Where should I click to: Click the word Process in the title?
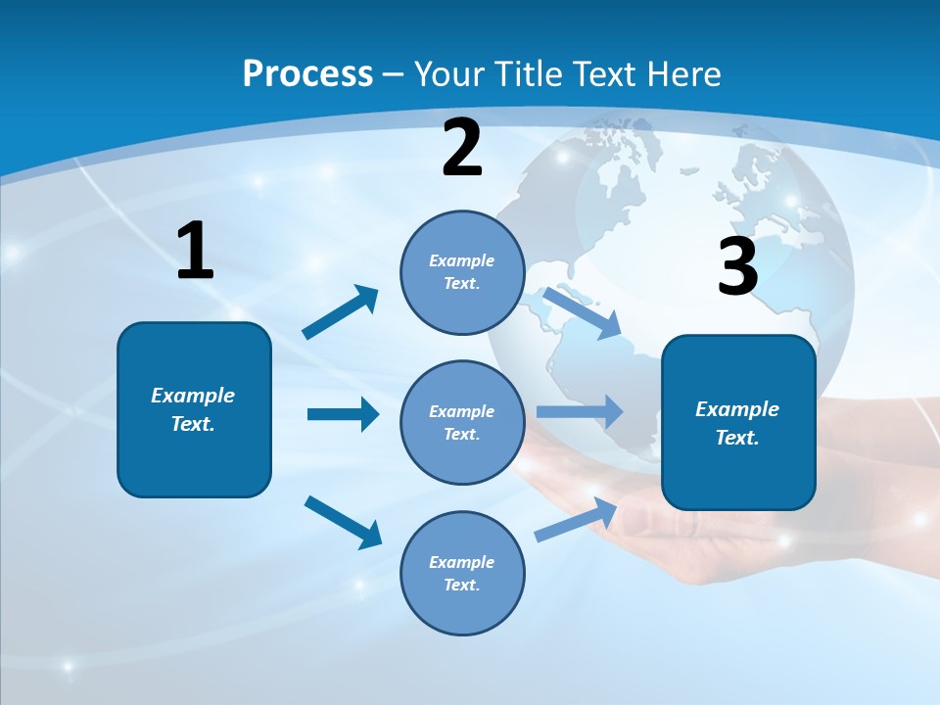coord(307,74)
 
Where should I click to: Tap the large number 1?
coord(195,252)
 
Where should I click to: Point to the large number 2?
coord(462,148)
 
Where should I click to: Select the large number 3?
coord(737,267)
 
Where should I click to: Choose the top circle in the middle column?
coord(462,272)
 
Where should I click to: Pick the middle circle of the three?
coord(462,423)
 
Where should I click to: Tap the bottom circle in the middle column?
coord(462,574)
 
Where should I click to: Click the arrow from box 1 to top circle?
coord(341,312)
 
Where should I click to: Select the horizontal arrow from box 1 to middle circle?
coord(343,414)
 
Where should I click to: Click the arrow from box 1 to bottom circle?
coord(343,522)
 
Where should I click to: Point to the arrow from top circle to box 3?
coord(582,313)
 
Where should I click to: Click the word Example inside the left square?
coord(193,396)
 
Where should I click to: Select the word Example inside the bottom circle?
coord(461,562)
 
